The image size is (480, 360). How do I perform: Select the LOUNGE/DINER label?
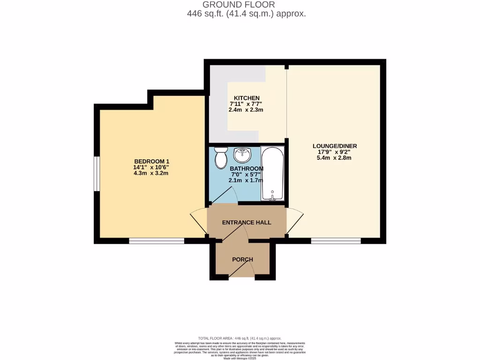(335, 146)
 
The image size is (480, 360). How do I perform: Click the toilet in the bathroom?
(220, 157)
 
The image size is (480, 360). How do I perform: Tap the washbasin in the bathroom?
(243, 154)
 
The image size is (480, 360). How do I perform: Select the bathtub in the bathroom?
(272, 173)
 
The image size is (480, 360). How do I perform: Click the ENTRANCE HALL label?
(247, 222)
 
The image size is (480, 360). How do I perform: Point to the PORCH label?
(242, 259)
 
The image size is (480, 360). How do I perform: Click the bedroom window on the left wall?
(96, 174)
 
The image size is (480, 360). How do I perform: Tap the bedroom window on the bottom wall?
(157, 241)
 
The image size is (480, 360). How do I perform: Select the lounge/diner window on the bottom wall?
(336, 241)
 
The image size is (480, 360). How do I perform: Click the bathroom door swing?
(225, 195)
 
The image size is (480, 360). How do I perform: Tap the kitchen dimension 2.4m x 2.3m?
(246, 110)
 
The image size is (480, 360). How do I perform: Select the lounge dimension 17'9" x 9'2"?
(334, 152)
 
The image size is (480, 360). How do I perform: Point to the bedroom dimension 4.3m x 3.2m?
(151, 173)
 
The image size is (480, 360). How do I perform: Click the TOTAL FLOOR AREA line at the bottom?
(240, 338)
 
